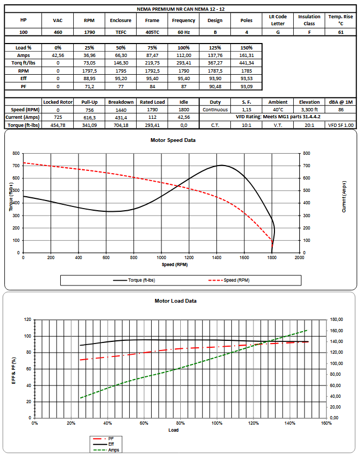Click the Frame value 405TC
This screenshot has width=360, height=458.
point(152,32)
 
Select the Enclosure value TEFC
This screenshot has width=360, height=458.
point(121,32)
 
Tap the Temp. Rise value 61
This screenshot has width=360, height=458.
point(341,32)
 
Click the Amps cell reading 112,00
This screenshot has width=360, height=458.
point(183,55)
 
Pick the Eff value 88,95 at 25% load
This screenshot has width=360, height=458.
point(89,78)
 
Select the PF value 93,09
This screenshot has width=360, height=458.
point(246,87)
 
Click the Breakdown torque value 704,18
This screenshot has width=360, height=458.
point(121,125)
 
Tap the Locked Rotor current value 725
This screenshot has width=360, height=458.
point(58,117)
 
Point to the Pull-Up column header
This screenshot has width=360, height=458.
point(89,102)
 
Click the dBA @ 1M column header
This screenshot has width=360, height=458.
point(341,102)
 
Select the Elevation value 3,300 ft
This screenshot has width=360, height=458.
point(309,110)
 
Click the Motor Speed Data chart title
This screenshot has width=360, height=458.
point(173,140)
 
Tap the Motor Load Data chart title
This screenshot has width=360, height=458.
point(175,301)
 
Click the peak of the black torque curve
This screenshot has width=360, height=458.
point(221,166)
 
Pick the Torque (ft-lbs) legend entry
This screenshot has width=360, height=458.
point(134,280)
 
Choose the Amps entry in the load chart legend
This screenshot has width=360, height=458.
point(106,450)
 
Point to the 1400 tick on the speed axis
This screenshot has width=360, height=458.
point(217,257)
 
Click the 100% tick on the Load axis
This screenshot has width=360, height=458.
point(217,423)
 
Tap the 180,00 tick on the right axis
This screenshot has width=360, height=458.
point(337,319)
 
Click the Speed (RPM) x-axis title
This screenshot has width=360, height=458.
point(174,264)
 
